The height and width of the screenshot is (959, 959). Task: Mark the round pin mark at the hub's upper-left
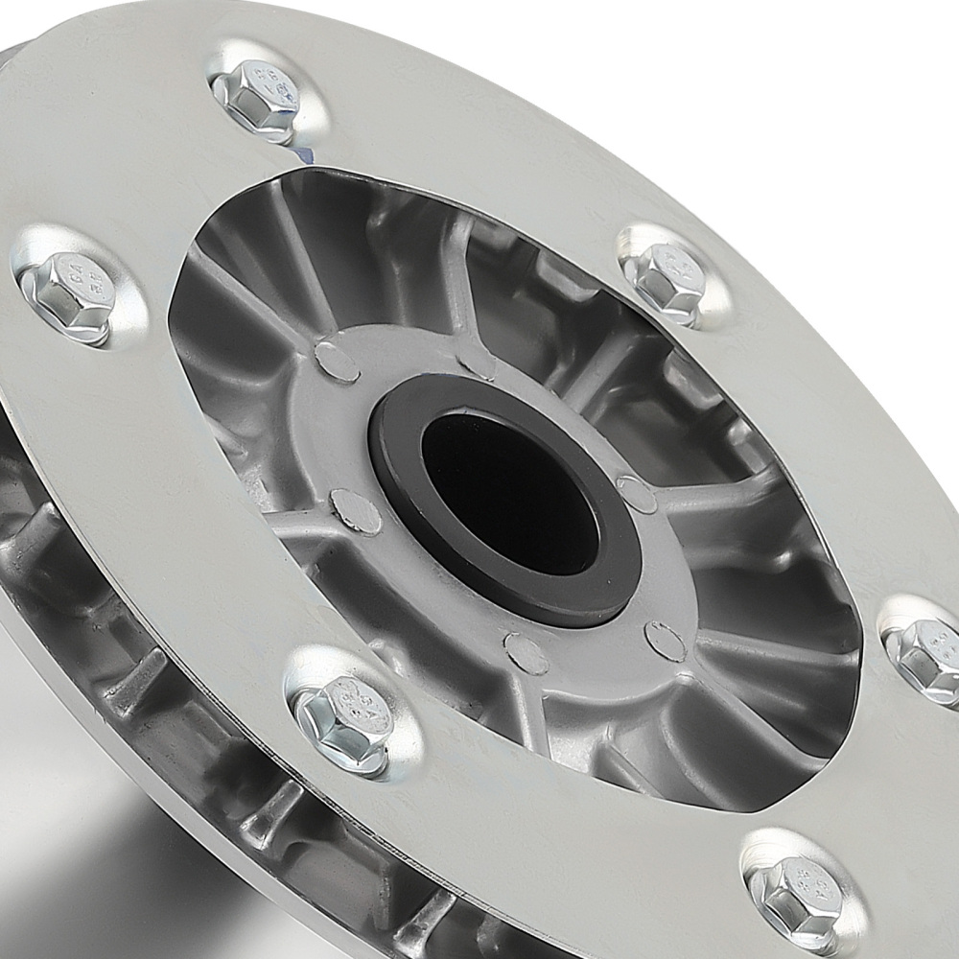337,362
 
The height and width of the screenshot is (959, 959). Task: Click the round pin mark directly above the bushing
476,360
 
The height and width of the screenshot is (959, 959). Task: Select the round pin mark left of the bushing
356,510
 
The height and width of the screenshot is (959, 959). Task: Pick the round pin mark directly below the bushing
526,653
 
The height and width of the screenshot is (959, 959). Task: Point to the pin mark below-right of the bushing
665,641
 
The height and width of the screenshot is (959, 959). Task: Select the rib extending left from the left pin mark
288,523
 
